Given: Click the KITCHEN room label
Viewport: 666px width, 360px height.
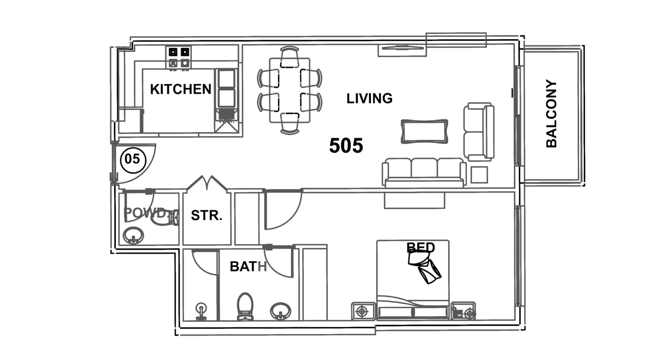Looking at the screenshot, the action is (180, 89).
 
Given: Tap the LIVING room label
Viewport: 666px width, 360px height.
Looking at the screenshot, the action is (369, 99).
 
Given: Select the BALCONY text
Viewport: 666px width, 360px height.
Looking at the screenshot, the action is (551, 114).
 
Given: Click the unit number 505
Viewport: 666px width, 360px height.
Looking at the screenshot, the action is (346, 145).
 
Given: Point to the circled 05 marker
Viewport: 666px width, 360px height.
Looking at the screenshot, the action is (133, 160).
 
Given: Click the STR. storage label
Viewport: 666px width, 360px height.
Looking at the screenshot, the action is (207, 216).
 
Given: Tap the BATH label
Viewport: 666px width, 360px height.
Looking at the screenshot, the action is (248, 267).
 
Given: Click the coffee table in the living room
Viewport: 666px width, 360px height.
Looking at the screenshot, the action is (424, 131).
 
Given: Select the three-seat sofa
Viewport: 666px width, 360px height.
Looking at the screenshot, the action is (424, 173).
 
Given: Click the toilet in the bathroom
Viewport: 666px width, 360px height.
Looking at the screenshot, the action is (245, 306).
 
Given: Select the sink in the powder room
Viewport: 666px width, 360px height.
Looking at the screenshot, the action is (133, 236).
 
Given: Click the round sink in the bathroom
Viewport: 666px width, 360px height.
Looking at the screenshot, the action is (280, 311).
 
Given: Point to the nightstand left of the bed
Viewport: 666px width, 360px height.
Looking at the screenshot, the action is (363, 311).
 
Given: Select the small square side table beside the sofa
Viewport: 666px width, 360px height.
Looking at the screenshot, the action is (479, 175).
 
